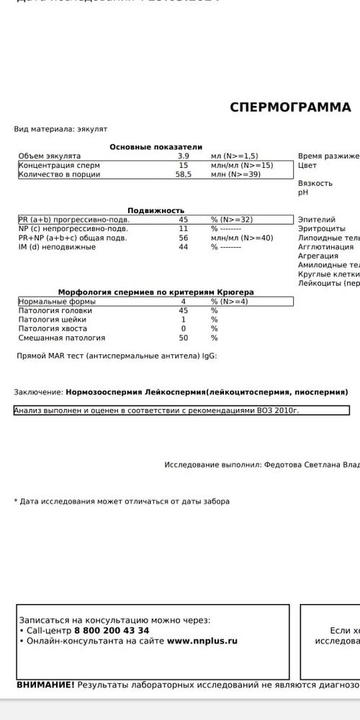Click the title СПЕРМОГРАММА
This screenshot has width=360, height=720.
pos(290,107)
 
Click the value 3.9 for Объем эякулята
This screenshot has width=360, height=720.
pos(184,156)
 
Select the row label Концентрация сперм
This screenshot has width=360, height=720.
pos(59,165)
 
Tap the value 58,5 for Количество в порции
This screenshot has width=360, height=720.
pos(184,174)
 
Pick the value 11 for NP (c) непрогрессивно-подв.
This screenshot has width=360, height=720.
pos(184,228)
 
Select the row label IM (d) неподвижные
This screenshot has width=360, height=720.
pos(57,247)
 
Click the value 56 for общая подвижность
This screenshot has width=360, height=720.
pos(184,238)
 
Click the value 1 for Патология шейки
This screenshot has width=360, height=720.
pos(184,320)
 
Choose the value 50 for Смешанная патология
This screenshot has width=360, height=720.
pos(184,338)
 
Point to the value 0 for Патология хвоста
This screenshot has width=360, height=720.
pos(184,328)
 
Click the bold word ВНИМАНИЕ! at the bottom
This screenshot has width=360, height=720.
pos(45,685)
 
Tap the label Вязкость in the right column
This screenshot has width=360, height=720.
pos(315,184)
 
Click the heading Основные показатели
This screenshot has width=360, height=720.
pos(156,147)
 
